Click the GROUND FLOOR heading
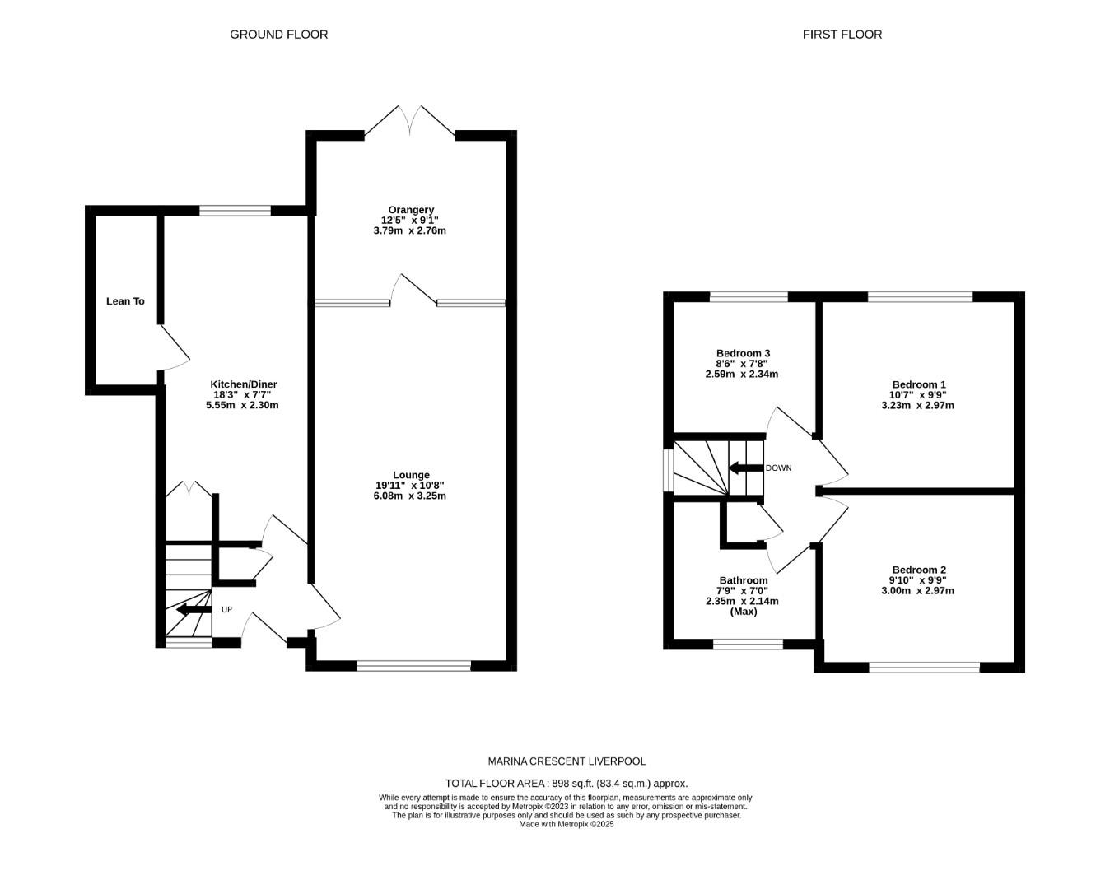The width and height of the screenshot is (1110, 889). point(278,35)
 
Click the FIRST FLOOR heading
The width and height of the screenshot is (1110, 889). point(842,35)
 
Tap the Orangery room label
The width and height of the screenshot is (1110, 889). point(411,210)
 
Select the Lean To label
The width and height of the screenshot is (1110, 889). point(125,301)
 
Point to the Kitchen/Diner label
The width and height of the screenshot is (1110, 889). point(244,384)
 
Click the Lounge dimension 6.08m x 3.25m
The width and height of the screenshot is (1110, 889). point(409,496)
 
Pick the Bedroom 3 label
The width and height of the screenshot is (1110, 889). point(743,353)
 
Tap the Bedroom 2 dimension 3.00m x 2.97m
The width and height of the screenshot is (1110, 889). point(917,590)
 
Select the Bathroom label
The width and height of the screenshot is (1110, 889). point(743,580)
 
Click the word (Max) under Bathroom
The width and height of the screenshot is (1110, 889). point(743,612)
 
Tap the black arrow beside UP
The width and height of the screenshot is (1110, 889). point(193,610)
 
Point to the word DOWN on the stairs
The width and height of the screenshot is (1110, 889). point(778,468)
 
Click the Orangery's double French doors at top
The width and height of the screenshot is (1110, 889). point(409,121)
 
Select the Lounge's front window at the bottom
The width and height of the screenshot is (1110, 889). point(413,665)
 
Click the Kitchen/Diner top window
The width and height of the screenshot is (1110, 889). point(235,211)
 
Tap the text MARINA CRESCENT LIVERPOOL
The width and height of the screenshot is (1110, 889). point(567,762)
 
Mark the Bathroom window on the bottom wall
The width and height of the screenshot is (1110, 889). point(748,645)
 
